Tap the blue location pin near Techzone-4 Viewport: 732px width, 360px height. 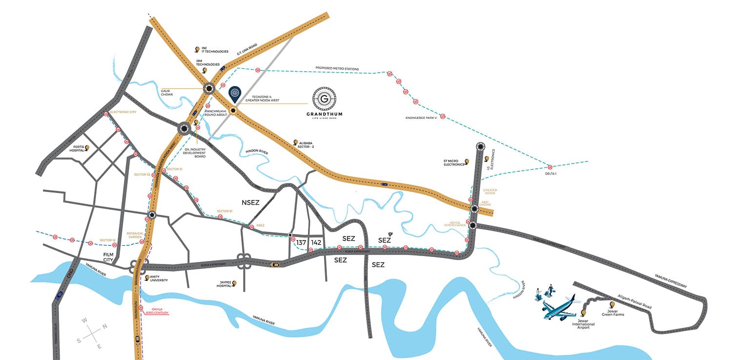pos(235,93)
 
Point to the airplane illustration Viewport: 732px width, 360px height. pos(559,306)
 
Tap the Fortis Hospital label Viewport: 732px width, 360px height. pos(76,149)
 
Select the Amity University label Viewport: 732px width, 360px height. pos(159,279)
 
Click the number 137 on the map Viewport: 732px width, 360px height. pos(301,242)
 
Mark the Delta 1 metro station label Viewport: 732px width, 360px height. pos(550,173)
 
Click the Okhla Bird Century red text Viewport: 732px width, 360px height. pos(157,311)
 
